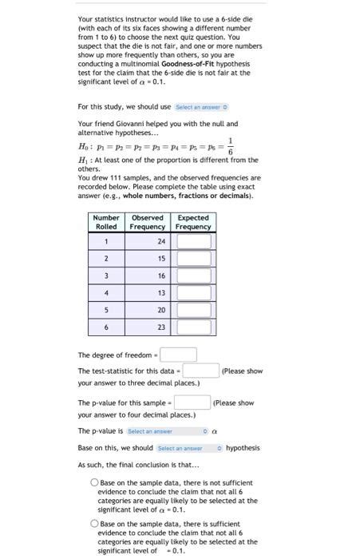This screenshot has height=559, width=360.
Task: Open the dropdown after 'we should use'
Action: pyautogui.click(x=201, y=107)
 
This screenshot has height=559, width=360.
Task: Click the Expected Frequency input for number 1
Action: pyautogui.click(x=193, y=241)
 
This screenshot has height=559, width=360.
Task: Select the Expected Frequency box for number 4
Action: pyautogui.click(x=193, y=292)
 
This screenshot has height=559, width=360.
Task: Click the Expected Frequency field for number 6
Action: pyautogui.click(x=193, y=327)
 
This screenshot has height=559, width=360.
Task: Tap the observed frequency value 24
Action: pyautogui.click(x=162, y=241)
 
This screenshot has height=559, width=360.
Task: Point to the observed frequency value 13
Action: pyautogui.click(x=162, y=292)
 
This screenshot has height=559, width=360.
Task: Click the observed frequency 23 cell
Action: pyautogui.click(x=162, y=327)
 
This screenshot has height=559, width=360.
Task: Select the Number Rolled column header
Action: pyautogui.click(x=106, y=222)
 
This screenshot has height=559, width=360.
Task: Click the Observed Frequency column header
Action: pyautogui.click(x=148, y=222)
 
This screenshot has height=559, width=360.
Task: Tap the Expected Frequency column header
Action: pyautogui.click(x=193, y=222)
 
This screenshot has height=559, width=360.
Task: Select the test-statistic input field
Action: pyautogui.click(x=201, y=371)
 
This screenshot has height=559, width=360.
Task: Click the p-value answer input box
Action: pyautogui.click(x=192, y=402)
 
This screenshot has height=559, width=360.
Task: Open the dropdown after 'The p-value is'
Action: pyautogui.click(x=167, y=431)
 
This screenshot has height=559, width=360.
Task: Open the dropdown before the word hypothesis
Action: pyautogui.click(x=189, y=448)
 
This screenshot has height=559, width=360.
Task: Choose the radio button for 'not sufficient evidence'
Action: pyautogui.click(x=94, y=483)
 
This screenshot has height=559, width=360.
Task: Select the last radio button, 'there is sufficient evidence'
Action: pyautogui.click(x=94, y=524)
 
